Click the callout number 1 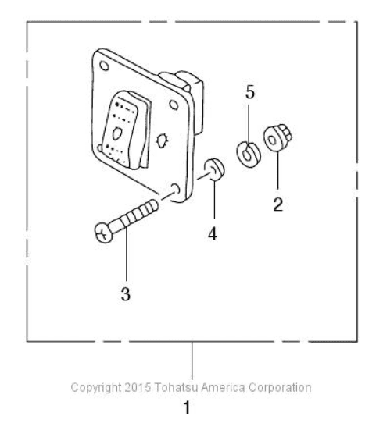[187, 407]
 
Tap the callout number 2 [278, 204]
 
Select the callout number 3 [126, 293]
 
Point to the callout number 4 [213, 233]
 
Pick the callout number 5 [250, 92]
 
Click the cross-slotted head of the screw [103, 233]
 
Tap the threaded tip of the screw [153, 206]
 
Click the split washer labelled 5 [248, 155]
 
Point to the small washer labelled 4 [215, 169]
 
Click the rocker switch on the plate [126, 130]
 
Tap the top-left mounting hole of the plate [104, 66]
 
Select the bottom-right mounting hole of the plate [176, 189]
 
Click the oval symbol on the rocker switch [117, 133]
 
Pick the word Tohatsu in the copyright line [176, 387]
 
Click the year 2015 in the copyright [138, 387]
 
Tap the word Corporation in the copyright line [280, 388]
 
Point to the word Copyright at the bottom [96, 388]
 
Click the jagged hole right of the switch [163, 140]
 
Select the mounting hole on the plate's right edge [174, 105]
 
